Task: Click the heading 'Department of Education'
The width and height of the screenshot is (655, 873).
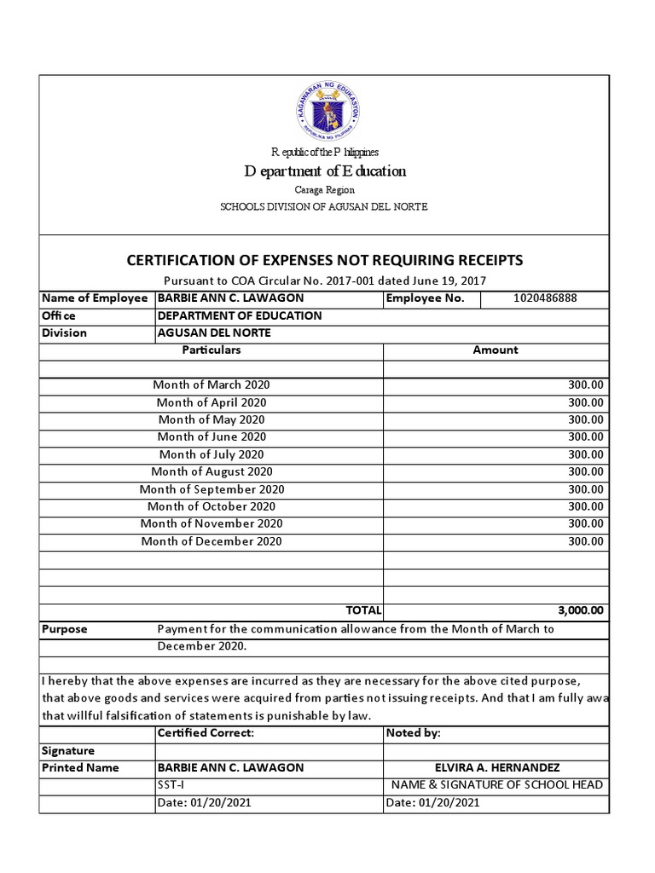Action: pos(325,171)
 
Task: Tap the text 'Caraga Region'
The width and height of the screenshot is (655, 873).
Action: pos(325,190)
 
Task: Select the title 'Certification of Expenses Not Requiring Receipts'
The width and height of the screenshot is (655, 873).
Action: pos(325,260)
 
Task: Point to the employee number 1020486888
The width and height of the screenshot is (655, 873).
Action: pos(545,298)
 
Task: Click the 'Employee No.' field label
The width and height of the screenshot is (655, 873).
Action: pos(425,298)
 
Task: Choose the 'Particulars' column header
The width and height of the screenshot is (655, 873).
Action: pos(212,350)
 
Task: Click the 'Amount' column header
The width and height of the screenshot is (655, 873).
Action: pos(496,350)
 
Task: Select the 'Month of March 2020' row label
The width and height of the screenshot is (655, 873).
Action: pos(212,385)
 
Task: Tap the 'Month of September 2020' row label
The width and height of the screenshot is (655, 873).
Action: pos(212,489)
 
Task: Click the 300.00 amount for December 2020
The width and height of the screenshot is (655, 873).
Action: pos(586,541)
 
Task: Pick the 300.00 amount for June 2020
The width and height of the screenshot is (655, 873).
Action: pos(586,437)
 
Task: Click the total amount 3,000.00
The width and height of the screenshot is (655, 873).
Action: pos(580,610)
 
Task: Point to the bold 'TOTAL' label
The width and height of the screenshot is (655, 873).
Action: pos(363,610)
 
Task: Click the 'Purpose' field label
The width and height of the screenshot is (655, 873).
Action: pos(65,629)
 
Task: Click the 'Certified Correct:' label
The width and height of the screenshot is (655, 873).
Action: pos(206,733)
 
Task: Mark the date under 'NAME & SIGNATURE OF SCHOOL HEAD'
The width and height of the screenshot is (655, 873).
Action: pos(433,803)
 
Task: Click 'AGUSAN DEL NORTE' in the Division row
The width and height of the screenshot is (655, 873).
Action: pos(214,333)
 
